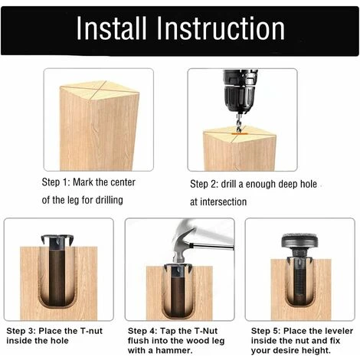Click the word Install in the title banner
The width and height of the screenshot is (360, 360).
coord(112,28)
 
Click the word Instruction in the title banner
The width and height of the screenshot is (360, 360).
coord(221,28)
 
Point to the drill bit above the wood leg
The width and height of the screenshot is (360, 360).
coord(239,123)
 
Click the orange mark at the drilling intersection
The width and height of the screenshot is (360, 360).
coord(239,133)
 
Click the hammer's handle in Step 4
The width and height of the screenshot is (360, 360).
coord(213,247)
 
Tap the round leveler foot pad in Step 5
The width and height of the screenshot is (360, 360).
coord(299,241)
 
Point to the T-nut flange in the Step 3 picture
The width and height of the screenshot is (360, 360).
coord(57,239)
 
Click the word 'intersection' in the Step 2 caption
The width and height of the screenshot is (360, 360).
coord(224,201)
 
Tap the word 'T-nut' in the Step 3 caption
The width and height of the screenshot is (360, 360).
coord(91,331)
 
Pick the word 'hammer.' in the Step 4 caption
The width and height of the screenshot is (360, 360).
coord(174,350)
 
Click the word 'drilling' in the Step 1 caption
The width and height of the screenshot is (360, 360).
coord(109,200)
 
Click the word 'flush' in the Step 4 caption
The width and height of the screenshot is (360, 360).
coord(139,341)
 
